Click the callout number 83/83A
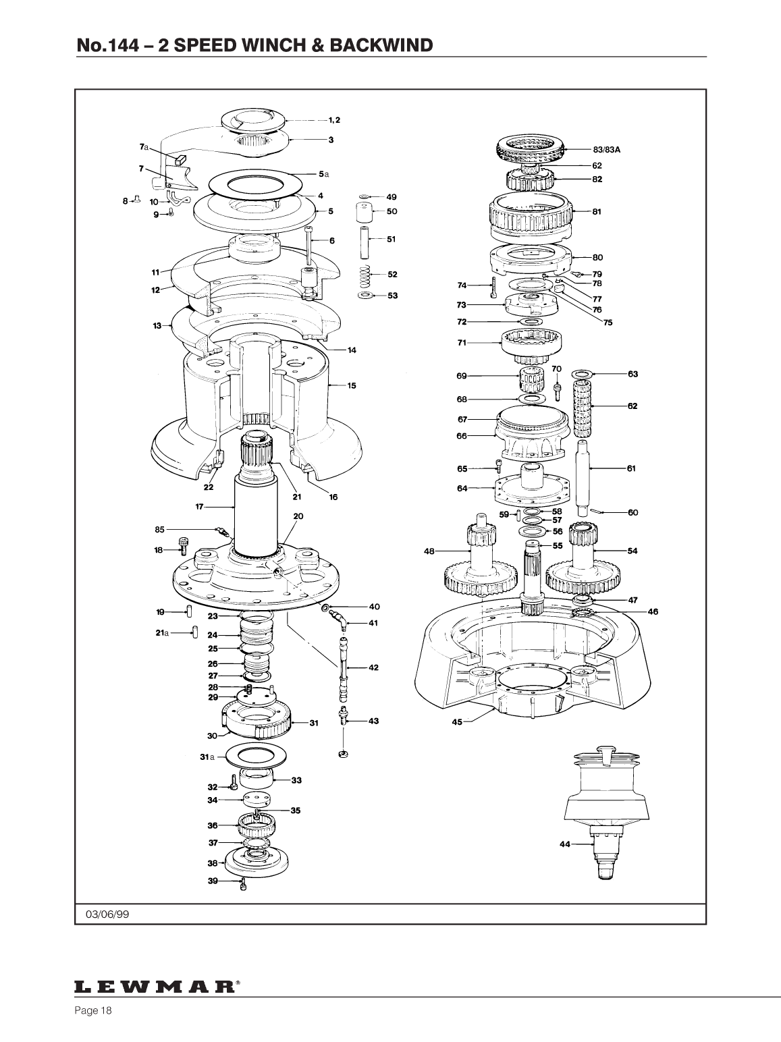606,150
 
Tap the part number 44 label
564,844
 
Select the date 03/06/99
107,914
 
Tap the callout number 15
351,385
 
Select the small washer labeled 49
364,196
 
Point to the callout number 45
457,722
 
